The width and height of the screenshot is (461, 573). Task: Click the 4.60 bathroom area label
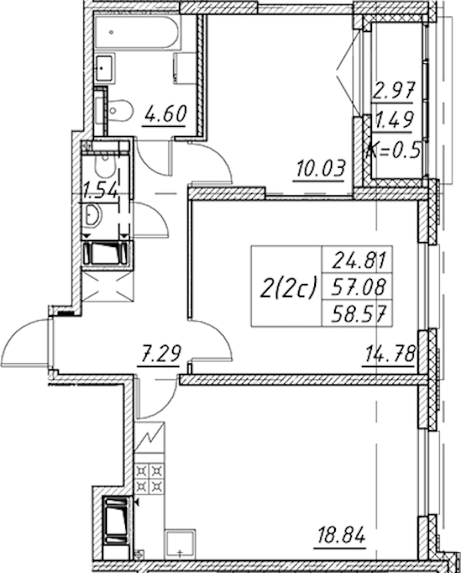pos(165,114)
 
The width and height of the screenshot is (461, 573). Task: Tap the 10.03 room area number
pos(320,169)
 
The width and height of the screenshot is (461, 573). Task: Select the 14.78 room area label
pos(389,354)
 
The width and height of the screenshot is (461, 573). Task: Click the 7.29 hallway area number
pos(159,353)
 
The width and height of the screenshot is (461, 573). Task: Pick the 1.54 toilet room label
pos(101,191)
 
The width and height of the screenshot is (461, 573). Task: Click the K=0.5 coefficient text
pos(393,151)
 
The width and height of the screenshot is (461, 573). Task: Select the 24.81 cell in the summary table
pos(358,260)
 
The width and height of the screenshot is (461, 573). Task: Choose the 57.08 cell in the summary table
pos(358,287)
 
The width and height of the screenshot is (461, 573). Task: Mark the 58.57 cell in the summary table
pos(358,313)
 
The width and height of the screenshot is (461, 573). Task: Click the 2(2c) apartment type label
pos(287,286)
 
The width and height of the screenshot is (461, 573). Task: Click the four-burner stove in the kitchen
pos(149,478)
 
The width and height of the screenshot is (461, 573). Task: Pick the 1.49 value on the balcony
pos(394,119)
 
